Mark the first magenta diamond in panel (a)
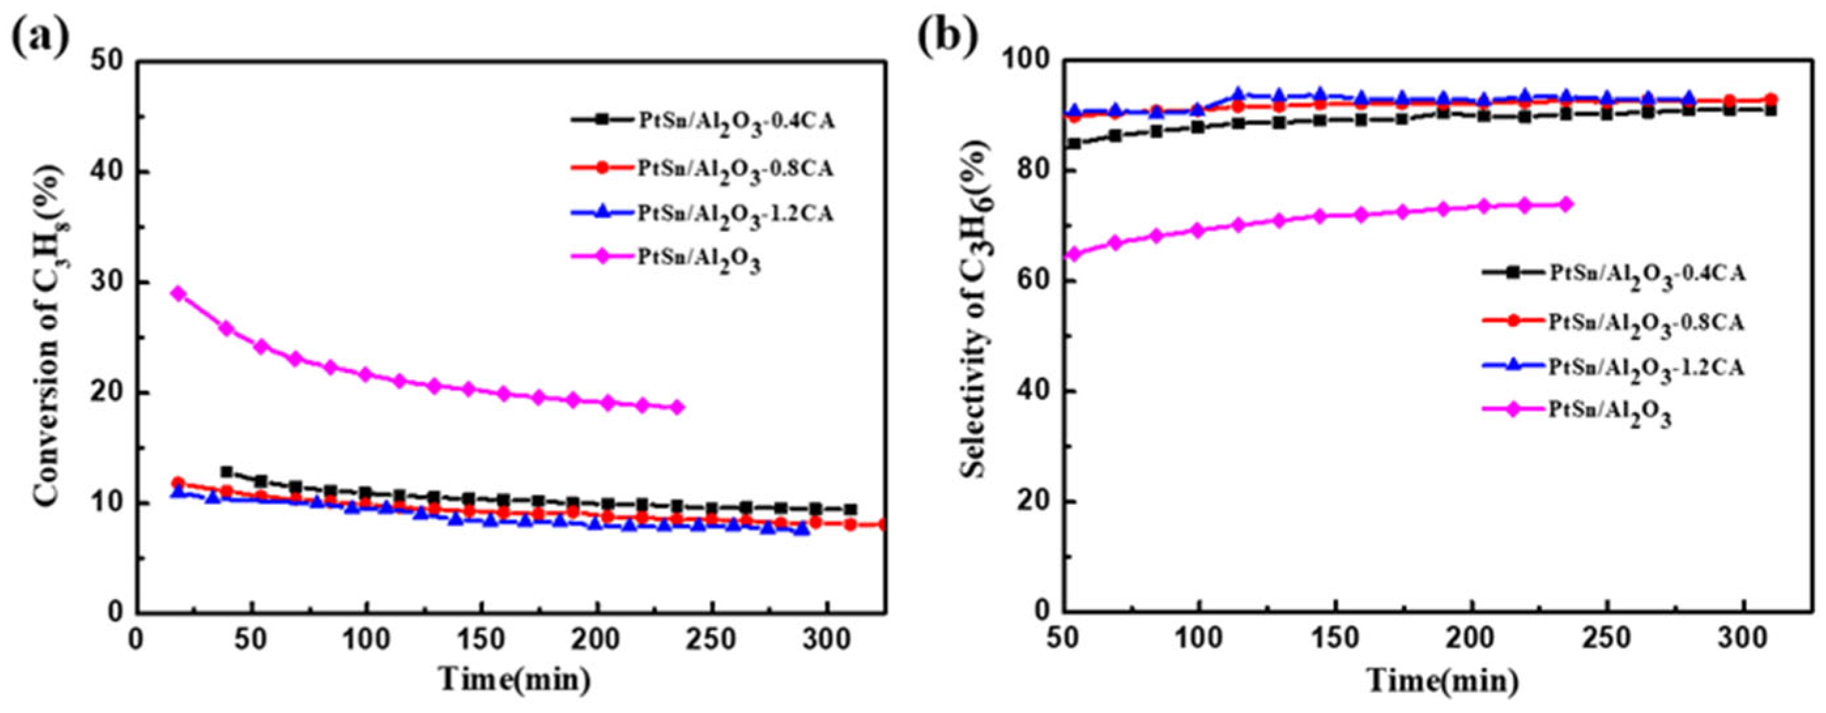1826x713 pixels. (178, 293)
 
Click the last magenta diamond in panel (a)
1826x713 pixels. (677, 407)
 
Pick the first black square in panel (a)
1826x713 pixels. (227, 472)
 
